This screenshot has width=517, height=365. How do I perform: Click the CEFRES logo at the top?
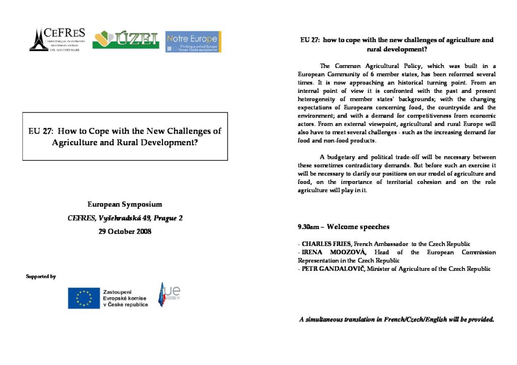pos(57,39)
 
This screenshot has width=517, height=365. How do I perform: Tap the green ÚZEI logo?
pos(126,40)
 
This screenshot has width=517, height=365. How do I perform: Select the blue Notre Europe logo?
pos(193,41)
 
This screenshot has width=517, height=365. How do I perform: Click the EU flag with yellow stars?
pos(83,297)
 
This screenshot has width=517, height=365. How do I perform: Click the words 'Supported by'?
pos(41,276)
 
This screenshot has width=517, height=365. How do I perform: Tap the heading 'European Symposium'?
pos(125,205)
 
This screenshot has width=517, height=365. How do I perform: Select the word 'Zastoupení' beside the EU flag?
pos(117,291)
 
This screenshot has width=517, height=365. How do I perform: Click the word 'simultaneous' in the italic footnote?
pos(328,319)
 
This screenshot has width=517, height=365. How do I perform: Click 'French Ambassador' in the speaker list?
pos(374,244)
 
